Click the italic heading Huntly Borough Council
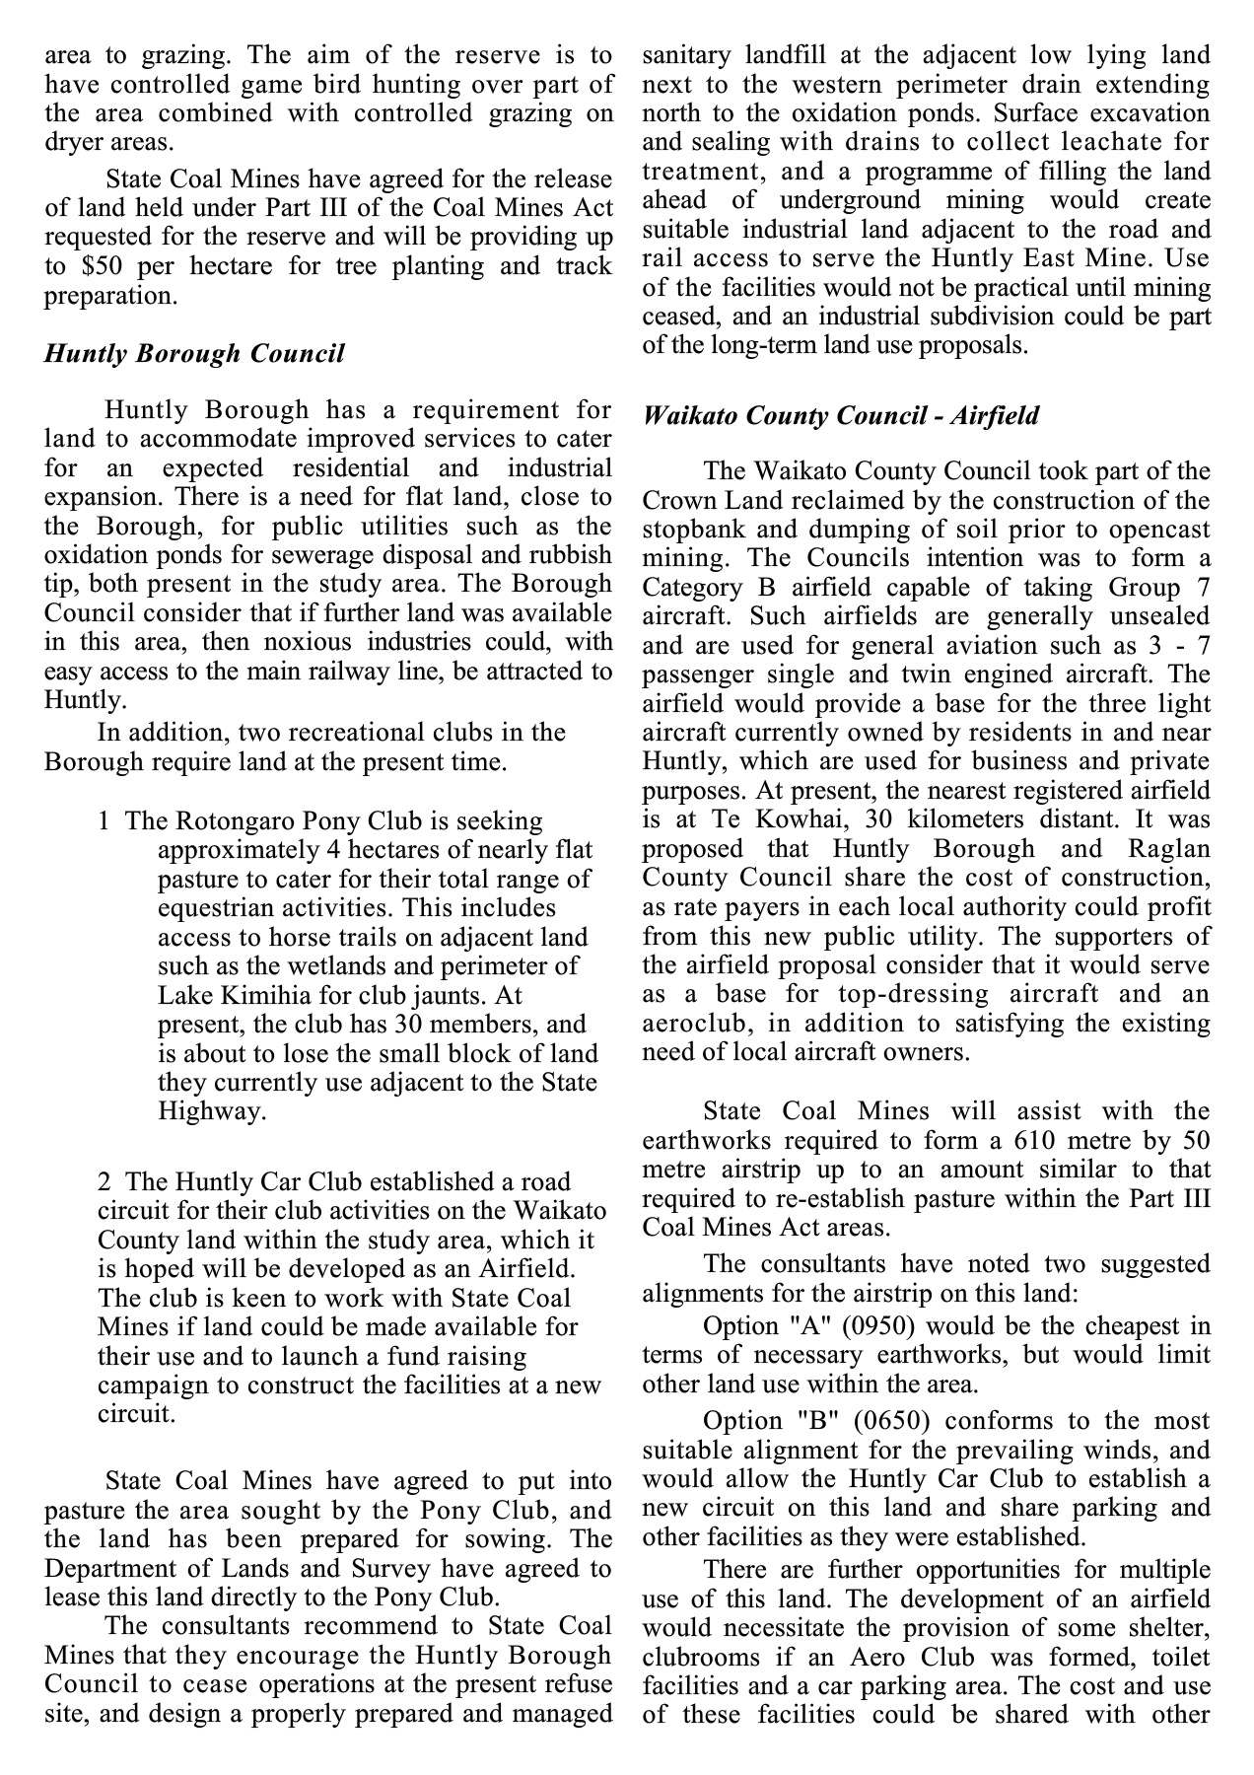[x=194, y=354]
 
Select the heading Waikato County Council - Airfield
[x=840, y=415]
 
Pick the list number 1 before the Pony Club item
[x=104, y=820]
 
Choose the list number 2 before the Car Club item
[x=104, y=1181]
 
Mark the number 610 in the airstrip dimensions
[x=1016, y=1140]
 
